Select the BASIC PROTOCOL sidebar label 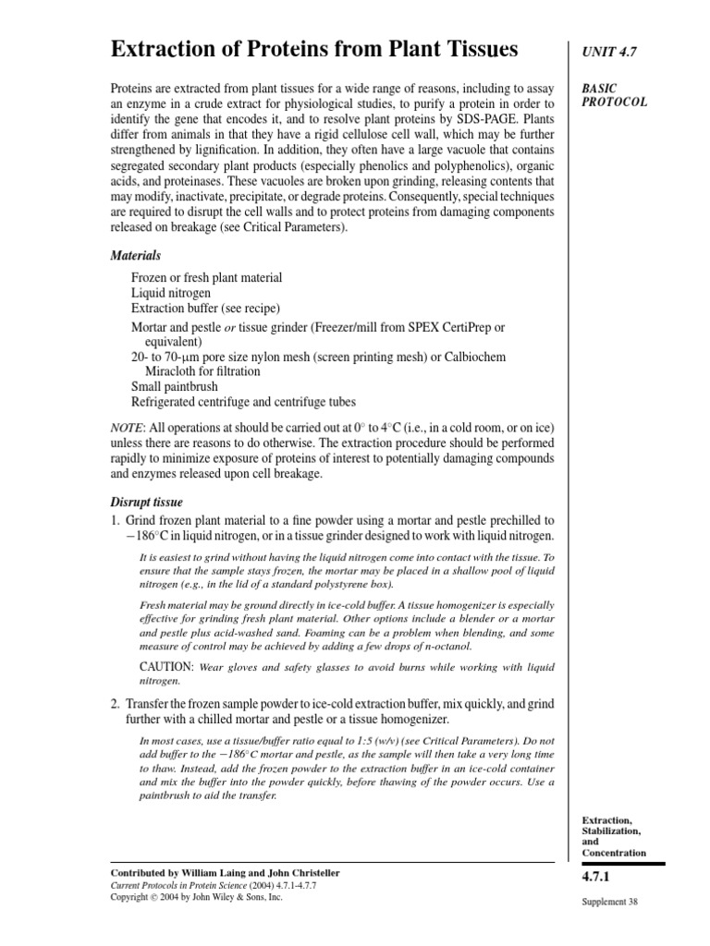[x=614, y=95]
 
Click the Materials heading [x=136, y=255]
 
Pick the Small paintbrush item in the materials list [x=177, y=386]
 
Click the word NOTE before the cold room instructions [x=128, y=428]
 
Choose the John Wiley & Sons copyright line [x=196, y=896]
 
